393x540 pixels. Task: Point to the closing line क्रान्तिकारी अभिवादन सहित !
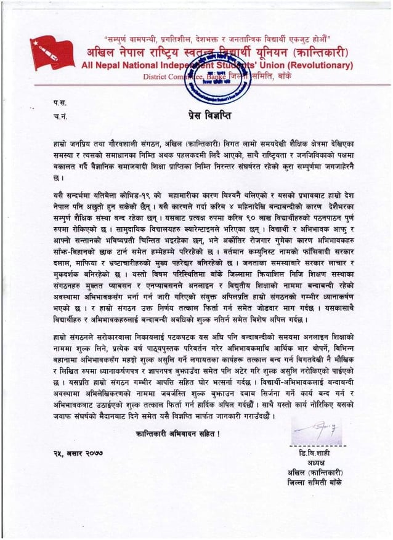(x=179, y=435)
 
